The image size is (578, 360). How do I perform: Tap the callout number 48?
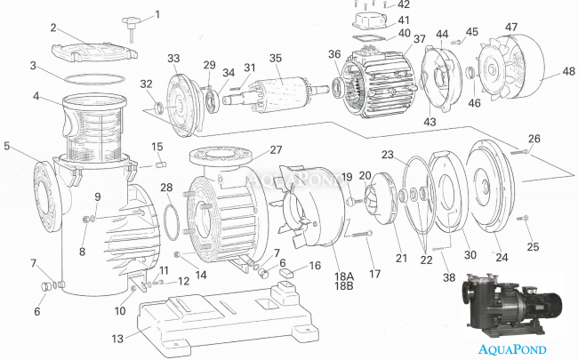[x=566, y=71]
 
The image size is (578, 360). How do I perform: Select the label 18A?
[x=342, y=276]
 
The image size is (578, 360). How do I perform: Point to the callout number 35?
[x=276, y=58]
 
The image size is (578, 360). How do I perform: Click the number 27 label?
[x=276, y=150]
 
